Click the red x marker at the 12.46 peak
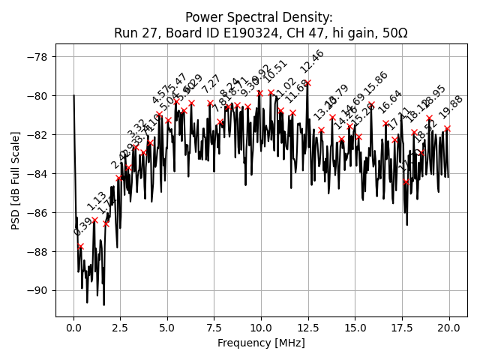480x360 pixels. click(307, 83)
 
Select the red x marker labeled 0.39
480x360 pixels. click(81, 247)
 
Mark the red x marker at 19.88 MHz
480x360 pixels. click(447, 129)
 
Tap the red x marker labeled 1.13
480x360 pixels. click(94, 220)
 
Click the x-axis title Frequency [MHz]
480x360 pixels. click(261, 343)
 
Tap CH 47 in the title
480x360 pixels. click(300, 33)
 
